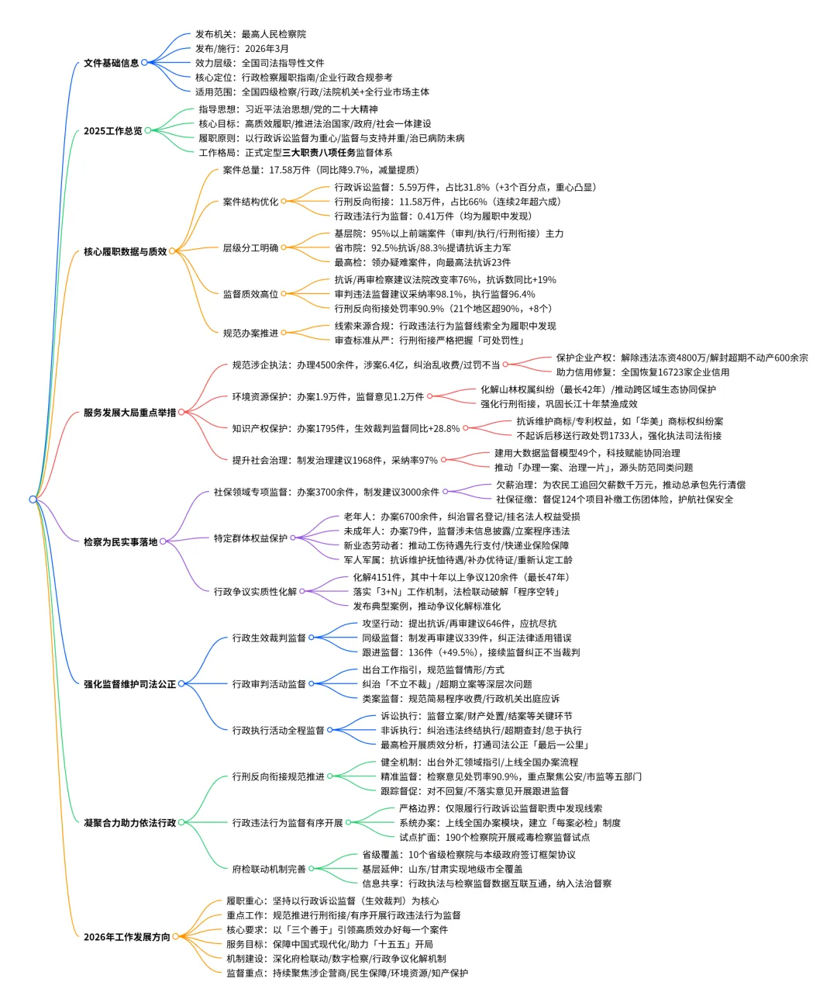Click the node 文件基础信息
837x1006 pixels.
click(111, 63)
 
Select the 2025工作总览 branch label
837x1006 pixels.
click(112, 131)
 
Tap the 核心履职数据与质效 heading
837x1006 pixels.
click(125, 251)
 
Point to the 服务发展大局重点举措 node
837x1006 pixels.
click(129, 413)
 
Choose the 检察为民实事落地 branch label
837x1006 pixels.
click(120, 541)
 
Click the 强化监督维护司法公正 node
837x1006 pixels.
click(129, 684)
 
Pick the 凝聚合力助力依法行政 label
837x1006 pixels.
click(129, 822)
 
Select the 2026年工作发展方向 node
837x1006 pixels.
click(126, 937)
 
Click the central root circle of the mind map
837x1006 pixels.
click(33, 500)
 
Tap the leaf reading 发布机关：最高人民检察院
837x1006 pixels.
click(250, 34)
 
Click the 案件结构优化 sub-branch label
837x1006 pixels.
click(250, 202)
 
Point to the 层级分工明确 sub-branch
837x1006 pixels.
click(250, 248)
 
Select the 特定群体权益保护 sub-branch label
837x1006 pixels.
click(250, 538)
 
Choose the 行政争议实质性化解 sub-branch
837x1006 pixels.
click(255, 592)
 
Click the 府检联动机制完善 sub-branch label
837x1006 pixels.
click(269, 869)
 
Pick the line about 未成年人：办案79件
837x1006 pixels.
click(456, 531)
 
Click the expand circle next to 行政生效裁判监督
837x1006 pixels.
click(312, 638)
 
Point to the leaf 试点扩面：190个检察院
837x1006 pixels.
click(494, 837)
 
